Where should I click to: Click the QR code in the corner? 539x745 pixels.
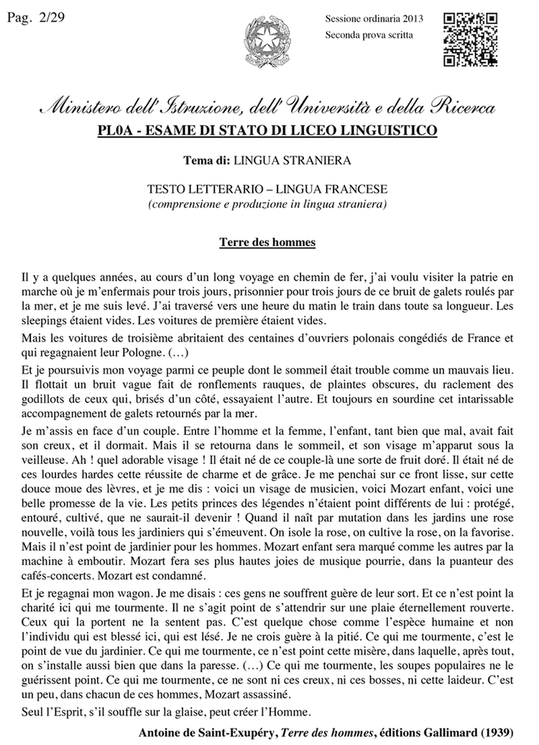[x=470, y=39]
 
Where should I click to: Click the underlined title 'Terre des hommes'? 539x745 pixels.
[x=267, y=242]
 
